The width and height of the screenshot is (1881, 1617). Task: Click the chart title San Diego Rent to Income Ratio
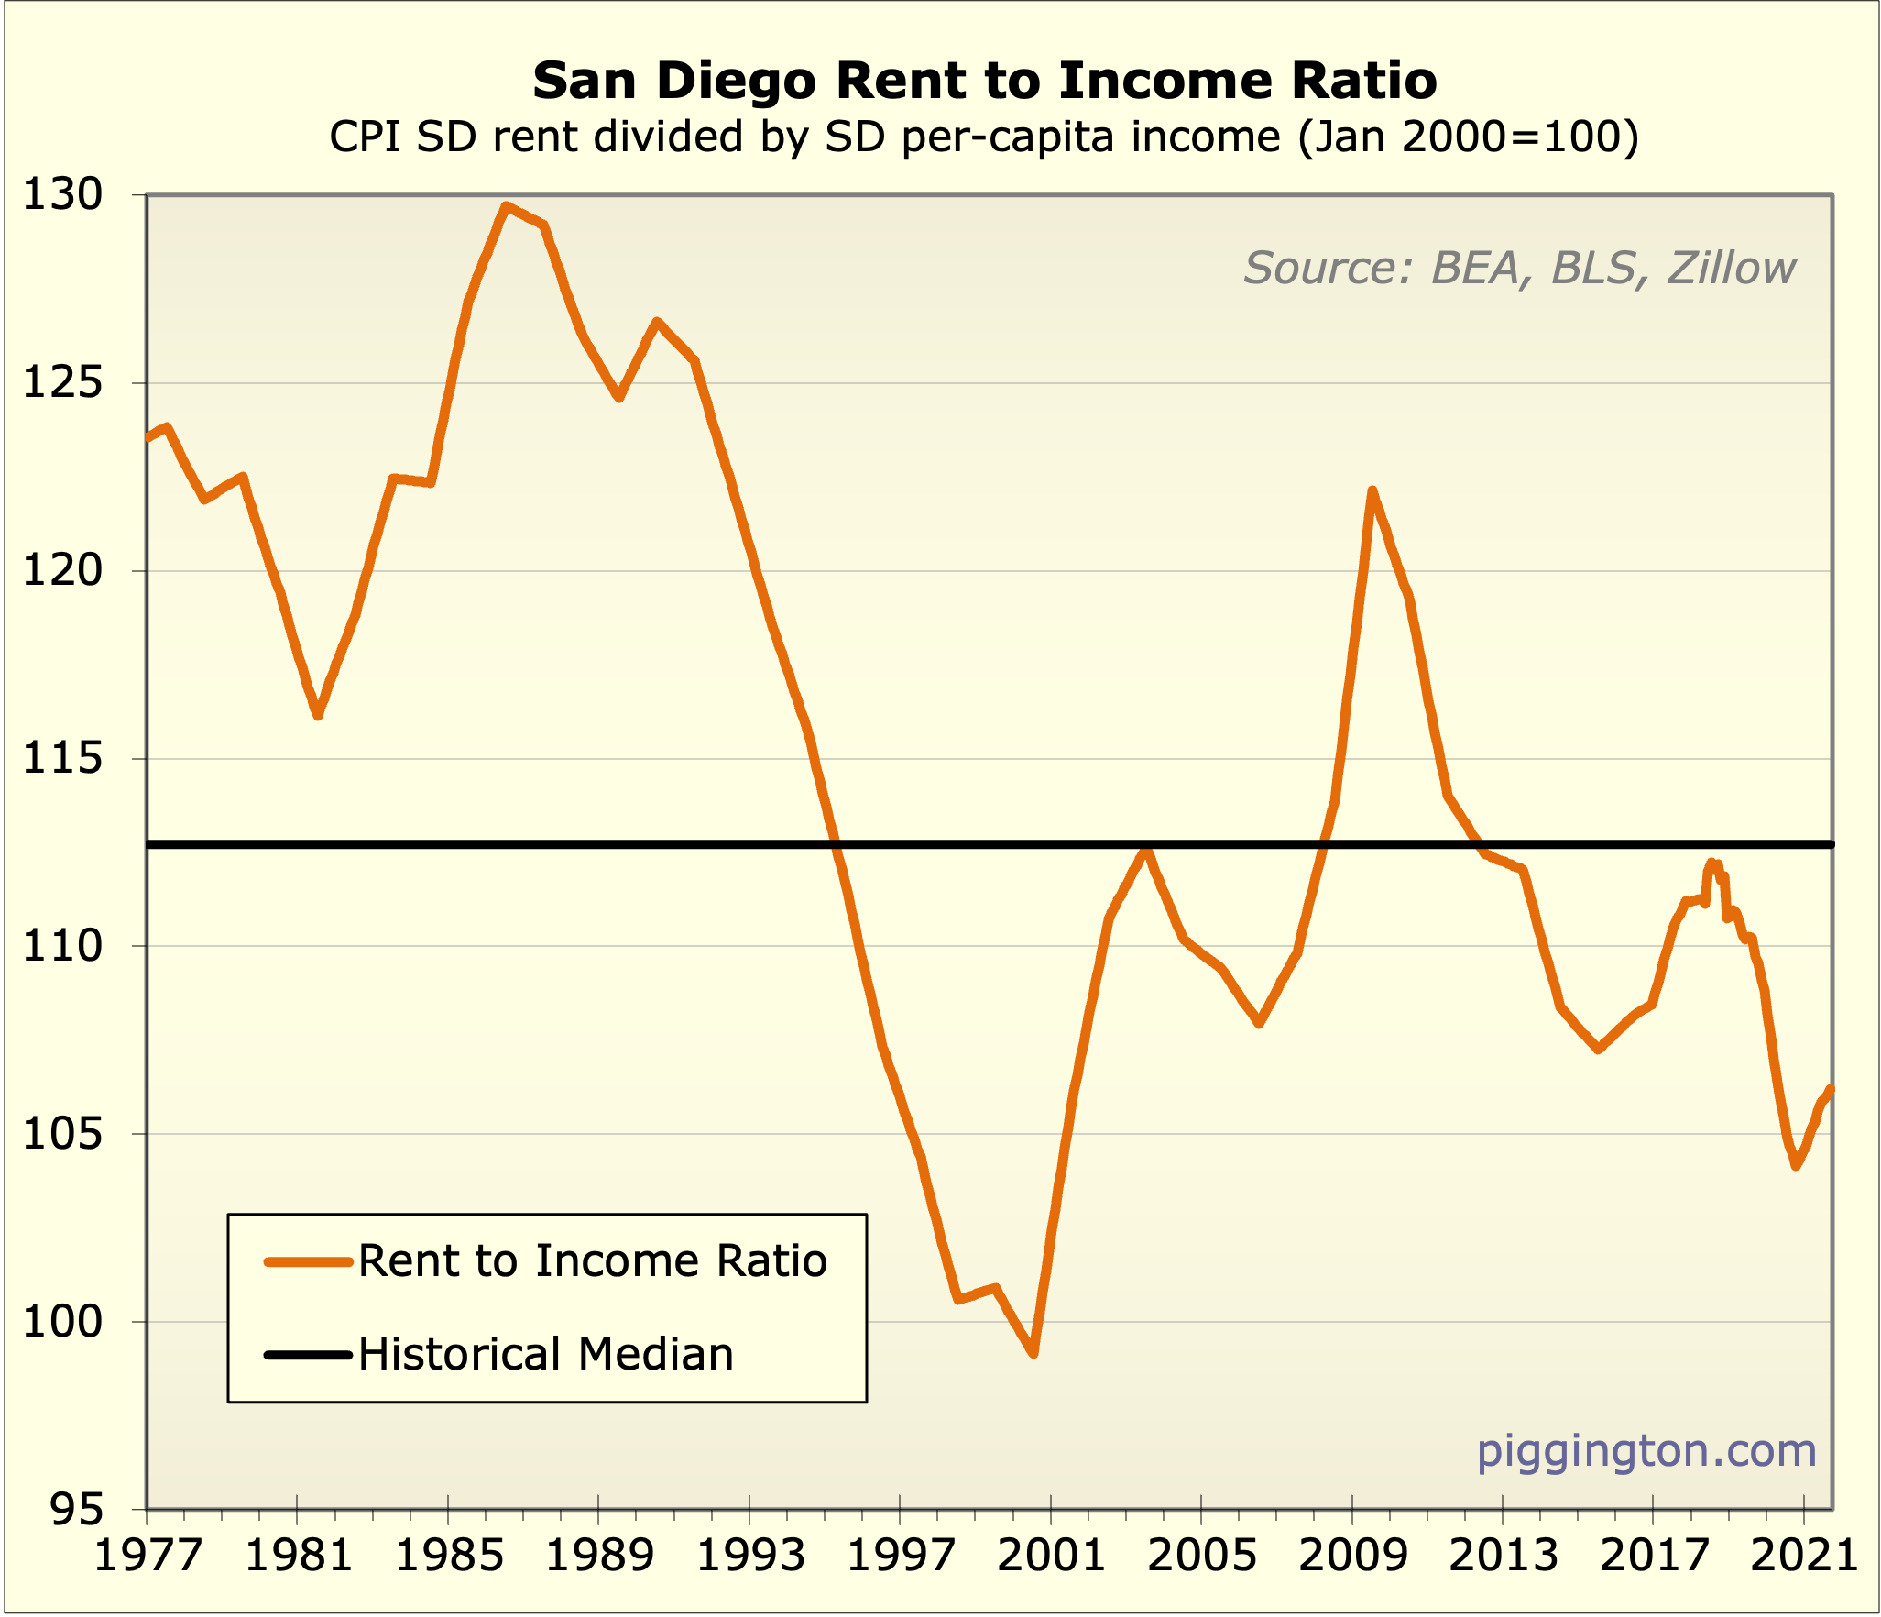coord(984,81)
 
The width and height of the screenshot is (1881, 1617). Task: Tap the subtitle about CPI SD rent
coord(984,137)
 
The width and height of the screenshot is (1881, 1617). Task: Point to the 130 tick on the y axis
coord(63,195)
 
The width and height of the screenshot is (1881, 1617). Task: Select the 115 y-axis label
coord(63,759)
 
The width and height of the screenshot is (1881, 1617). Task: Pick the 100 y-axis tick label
coord(63,1322)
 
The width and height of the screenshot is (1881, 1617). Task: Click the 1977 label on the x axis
coord(148,1556)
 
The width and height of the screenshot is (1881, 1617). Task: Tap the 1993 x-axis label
coord(750,1556)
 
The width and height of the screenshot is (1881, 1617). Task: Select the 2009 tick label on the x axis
coord(1353,1556)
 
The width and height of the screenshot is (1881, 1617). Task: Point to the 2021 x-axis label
coord(1804,1556)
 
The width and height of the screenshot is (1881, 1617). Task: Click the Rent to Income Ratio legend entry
coord(592,1261)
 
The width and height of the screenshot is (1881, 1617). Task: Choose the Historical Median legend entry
coord(546,1355)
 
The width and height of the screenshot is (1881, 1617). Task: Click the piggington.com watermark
coord(1646,1451)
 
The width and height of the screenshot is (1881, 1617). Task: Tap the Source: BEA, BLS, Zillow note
coord(1519,268)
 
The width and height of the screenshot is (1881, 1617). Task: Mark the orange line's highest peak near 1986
coord(506,206)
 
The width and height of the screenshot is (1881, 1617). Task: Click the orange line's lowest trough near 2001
coord(1033,1353)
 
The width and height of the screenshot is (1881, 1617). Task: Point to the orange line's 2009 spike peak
coord(1372,491)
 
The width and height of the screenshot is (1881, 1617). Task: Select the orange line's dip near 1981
coord(317,715)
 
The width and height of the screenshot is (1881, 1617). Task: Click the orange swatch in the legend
coord(308,1262)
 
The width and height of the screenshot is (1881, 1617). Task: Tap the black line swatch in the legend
coord(308,1355)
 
